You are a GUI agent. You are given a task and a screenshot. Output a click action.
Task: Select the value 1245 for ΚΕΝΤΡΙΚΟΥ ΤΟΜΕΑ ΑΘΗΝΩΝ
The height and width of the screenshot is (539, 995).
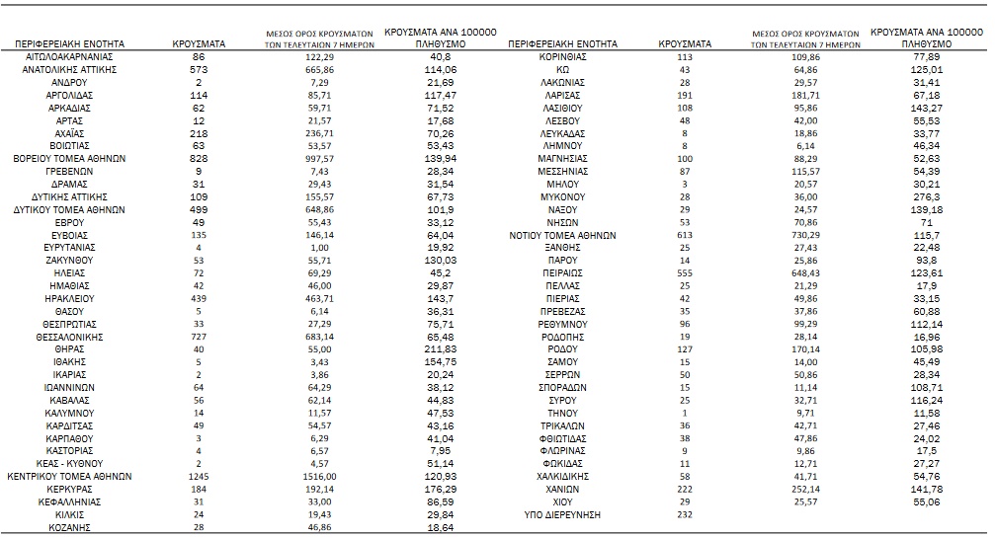pyautogui.click(x=199, y=476)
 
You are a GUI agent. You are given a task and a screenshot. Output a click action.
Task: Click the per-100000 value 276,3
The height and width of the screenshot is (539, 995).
pyautogui.click(x=927, y=196)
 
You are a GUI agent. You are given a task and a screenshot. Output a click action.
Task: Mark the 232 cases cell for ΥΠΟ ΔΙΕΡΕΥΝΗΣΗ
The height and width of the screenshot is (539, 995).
pyautogui.click(x=684, y=514)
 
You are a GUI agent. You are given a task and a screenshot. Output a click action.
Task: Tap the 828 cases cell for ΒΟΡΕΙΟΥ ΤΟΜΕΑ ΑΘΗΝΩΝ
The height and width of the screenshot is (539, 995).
pyautogui.click(x=199, y=159)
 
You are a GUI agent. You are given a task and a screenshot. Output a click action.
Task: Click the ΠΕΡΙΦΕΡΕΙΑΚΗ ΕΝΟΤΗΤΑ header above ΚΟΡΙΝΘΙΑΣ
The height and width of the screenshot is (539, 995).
pyautogui.click(x=561, y=44)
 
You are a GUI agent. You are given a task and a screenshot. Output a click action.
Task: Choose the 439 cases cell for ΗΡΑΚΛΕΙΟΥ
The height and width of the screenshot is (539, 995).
pyautogui.click(x=199, y=298)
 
